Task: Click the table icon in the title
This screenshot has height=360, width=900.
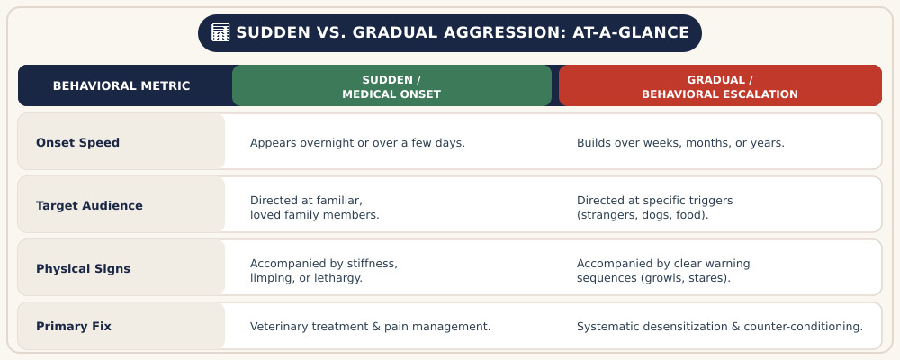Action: click(x=220, y=32)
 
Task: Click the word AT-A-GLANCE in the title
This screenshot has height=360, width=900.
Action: click(x=631, y=32)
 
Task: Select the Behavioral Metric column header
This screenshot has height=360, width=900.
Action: click(x=121, y=86)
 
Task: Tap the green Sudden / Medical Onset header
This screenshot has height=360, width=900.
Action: click(x=391, y=86)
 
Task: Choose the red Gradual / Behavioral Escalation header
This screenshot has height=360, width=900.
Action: click(x=720, y=86)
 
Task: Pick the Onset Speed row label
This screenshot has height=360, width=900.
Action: click(x=77, y=142)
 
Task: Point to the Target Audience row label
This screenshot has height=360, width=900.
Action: click(x=89, y=205)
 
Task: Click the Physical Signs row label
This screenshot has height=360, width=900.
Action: click(x=83, y=269)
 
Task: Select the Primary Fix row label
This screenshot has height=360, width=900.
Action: click(x=74, y=326)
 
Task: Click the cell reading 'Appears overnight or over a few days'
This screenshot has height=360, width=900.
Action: click(x=357, y=143)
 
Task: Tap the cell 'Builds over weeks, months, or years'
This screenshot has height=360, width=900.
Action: click(x=680, y=143)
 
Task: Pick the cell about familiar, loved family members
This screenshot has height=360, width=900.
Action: click(x=314, y=208)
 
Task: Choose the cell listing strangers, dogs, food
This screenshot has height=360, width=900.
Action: click(x=654, y=208)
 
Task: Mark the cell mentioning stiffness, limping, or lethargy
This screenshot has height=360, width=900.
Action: click(x=324, y=271)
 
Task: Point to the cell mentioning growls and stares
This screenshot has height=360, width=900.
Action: click(x=663, y=271)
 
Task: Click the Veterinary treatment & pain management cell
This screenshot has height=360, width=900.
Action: click(x=370, y=327)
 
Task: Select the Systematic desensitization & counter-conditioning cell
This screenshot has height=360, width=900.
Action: click(x=720, y=327)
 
